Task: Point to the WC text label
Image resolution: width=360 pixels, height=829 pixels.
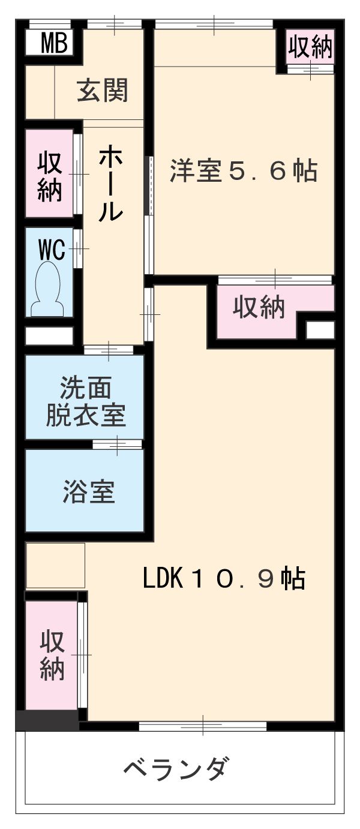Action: click(x=51, y=250)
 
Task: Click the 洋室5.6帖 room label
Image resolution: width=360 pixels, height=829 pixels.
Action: click(x=242, y=172)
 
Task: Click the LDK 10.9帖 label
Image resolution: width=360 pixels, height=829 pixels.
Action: click(x=224, y=579)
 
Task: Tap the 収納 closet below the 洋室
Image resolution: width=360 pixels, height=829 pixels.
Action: click(x=259, y=308)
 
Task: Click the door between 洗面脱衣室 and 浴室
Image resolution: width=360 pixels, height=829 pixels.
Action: click(x=118, y=444)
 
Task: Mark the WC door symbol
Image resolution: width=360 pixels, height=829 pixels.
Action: click(x=78, y=248)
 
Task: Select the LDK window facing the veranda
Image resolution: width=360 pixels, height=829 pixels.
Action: click(x=202, y=726)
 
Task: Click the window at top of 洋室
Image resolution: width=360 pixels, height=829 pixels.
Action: click(x=214, y=25)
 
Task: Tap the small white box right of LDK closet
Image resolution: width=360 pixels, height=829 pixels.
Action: click(x=320, y=330)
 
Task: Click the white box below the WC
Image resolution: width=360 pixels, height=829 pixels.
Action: click(x=49, y=336)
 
